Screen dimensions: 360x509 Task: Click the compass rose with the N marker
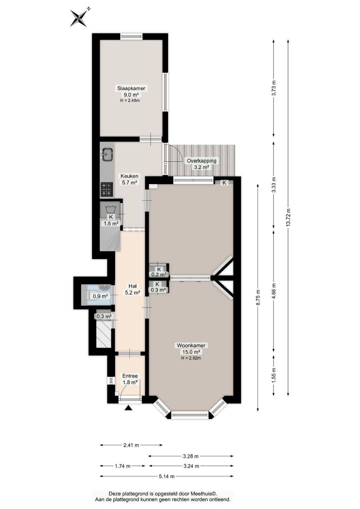pyautogui.click(x=79, y=18)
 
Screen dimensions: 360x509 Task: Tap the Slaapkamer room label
pyautogui.click(x=131, y=88)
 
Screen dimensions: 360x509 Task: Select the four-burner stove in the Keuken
pyautogui.click(x=107, y=189)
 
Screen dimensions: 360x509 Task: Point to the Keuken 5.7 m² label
pyautogui.click(x=129, y=179)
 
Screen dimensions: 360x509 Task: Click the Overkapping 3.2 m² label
pyautogui.click(x=201, y=164)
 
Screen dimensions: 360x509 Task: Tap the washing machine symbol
pyautogui.click(x=111, y=208)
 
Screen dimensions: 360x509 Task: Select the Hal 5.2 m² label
pyautogui.click(x=132, y=289)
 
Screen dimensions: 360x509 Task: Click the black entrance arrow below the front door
pyautogui.click(x=129, y=408)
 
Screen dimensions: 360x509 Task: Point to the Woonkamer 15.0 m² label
pyautogui.click(x=191, y=349)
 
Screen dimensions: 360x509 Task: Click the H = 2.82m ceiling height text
pyautogui.click(x=191, y=358)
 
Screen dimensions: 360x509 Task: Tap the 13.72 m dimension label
pyautogui.click(x=288, y=217)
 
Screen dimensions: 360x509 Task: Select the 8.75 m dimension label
pyautogui.click(x=258, y=297)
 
